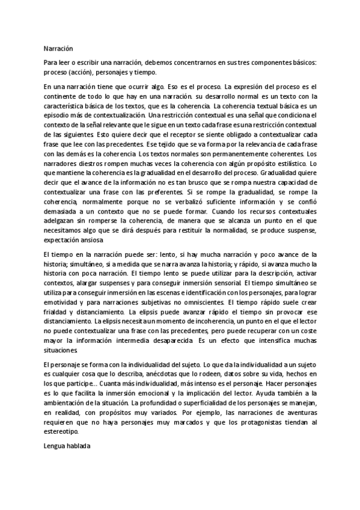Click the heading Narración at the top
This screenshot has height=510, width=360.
click(58, 48)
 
